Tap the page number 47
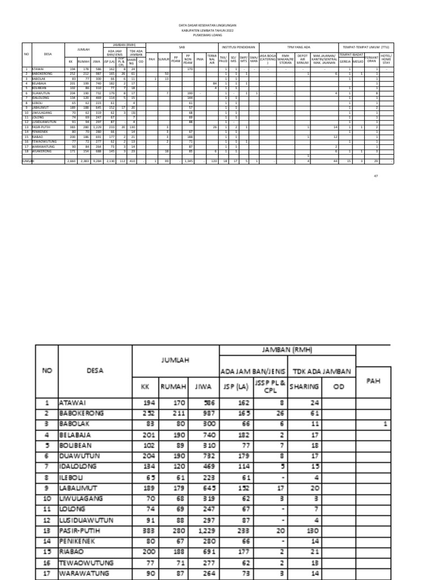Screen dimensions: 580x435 click(x=375, y=176)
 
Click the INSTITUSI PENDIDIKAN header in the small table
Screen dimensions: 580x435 click(x=239, y=46)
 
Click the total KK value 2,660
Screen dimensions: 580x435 click(x=71, y=161)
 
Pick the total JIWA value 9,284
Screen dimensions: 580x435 click(x=96, y=161)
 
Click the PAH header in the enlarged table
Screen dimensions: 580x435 click(x=372, y=381)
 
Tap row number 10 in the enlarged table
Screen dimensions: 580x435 click(x=47, y=499)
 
